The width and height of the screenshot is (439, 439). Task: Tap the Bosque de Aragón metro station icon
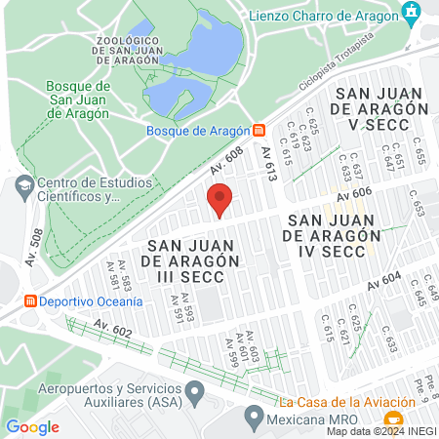coord(259,130)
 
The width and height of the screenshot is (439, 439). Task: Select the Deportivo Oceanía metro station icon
coord(30,300)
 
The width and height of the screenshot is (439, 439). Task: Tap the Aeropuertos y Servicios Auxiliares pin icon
coord(195,394)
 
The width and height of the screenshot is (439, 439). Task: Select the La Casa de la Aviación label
coord(339,402)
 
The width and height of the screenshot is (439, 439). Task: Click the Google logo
coord(32,426)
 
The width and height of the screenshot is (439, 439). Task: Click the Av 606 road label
coord(355,196)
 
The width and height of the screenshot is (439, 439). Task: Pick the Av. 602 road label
coord(113,330)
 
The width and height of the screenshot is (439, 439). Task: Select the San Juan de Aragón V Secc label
coord(381,106)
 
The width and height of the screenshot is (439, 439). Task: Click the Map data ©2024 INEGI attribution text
coord(381,431)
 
